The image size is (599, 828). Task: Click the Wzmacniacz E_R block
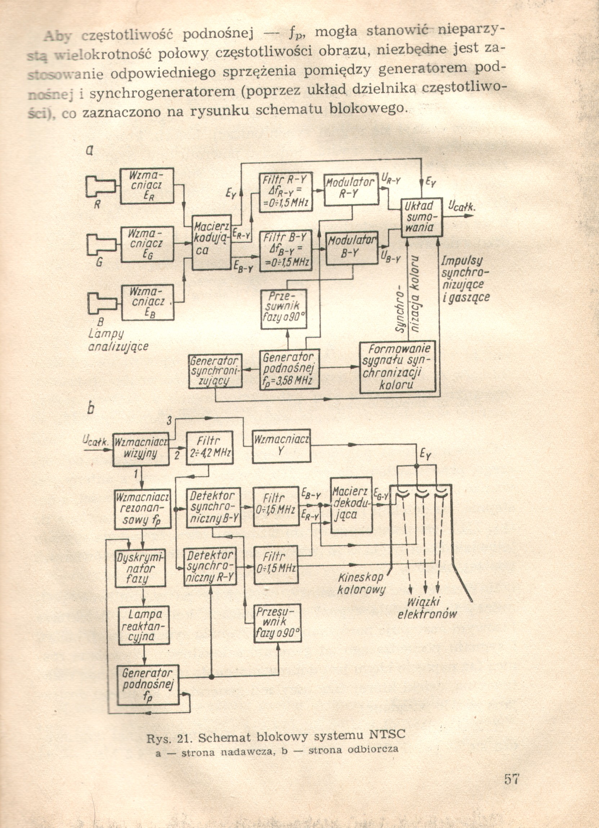pyautogui.click(x=147, y=186)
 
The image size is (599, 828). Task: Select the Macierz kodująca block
pyautogui.click(x=212, y=242)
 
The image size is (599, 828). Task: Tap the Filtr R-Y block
pyautogui.click(x=286, y=192)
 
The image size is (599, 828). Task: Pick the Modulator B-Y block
pyautogui.click(x=352, y=248)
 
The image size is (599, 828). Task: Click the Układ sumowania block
pyautogui.click(x=422, y=218)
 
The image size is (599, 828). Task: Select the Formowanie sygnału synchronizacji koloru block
pyautogui.click(x=397, y=367)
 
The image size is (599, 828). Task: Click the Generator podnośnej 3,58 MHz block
pyautogui.click(x=289, y=369)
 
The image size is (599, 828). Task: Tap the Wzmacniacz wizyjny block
pyautogui.click(x=140, y=449)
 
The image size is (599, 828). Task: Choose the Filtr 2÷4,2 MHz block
pyautogui.click(x=210, y=449)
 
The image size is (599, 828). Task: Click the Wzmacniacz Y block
pyautogui.click(x=281, y=446)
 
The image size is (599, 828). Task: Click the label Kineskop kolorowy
pyautogui.click(x=361, y=583)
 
